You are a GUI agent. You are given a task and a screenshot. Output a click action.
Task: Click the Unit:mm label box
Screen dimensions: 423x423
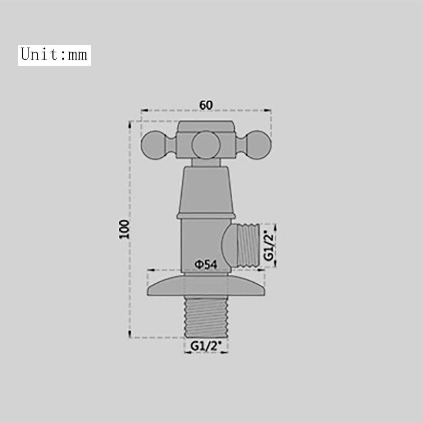pyautogui.click(x=54, y=55)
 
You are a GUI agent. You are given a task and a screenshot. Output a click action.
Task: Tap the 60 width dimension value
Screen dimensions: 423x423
pyautogui.click(x=206, y=105)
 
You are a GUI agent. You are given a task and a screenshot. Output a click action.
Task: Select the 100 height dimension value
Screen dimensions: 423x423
pyautogui.click(x=124, y=229)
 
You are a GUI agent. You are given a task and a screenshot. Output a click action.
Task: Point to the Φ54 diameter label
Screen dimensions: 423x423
pyautogui.click(x=206, y=265)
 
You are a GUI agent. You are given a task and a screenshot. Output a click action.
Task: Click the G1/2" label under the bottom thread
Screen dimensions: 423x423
pyautogui.click(x=206, y=346)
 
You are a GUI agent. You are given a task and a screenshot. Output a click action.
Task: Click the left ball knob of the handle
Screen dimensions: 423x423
pyautogui.click(x=153, y=145)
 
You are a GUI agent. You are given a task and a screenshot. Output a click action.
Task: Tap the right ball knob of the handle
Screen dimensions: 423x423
pyautogui.click(x=257, y=145)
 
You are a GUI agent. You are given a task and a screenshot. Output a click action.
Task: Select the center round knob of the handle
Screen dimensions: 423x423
pyautogui.click(x=206, y=145)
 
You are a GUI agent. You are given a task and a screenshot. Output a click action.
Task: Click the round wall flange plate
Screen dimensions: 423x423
pyautogui.click(x=206, y=286)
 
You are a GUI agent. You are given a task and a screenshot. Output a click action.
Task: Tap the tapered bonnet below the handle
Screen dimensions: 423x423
pyautogui.click(x=206, y=189)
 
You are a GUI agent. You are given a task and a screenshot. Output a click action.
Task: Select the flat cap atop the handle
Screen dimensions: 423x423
pyautogui.click(x=206, y=126)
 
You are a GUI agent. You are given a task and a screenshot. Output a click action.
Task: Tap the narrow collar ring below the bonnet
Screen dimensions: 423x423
pyautogui.click(x=206, y=216)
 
